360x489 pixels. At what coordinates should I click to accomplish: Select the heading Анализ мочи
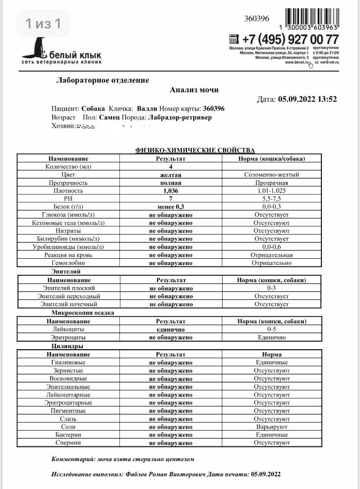(x=194, y=90)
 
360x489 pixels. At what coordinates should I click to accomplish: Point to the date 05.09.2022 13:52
(x=307, y=99)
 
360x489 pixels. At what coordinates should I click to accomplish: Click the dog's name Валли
(x=147, y=109)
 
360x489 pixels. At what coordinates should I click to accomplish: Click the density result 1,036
(x=171, y=191)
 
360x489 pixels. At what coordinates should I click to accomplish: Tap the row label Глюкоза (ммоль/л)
(x=68, y=215)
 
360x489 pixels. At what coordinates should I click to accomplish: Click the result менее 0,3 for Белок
(x=171, y=207)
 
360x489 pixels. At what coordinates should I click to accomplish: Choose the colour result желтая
(x=171, y=175)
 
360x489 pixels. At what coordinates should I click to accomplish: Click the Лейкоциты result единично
(x=171, y=330)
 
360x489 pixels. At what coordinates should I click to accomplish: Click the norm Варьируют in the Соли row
(x=271, y=427)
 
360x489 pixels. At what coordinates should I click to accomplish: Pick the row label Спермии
(x=68, y=443)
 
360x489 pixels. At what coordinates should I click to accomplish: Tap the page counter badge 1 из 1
(x=44, y=23)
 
